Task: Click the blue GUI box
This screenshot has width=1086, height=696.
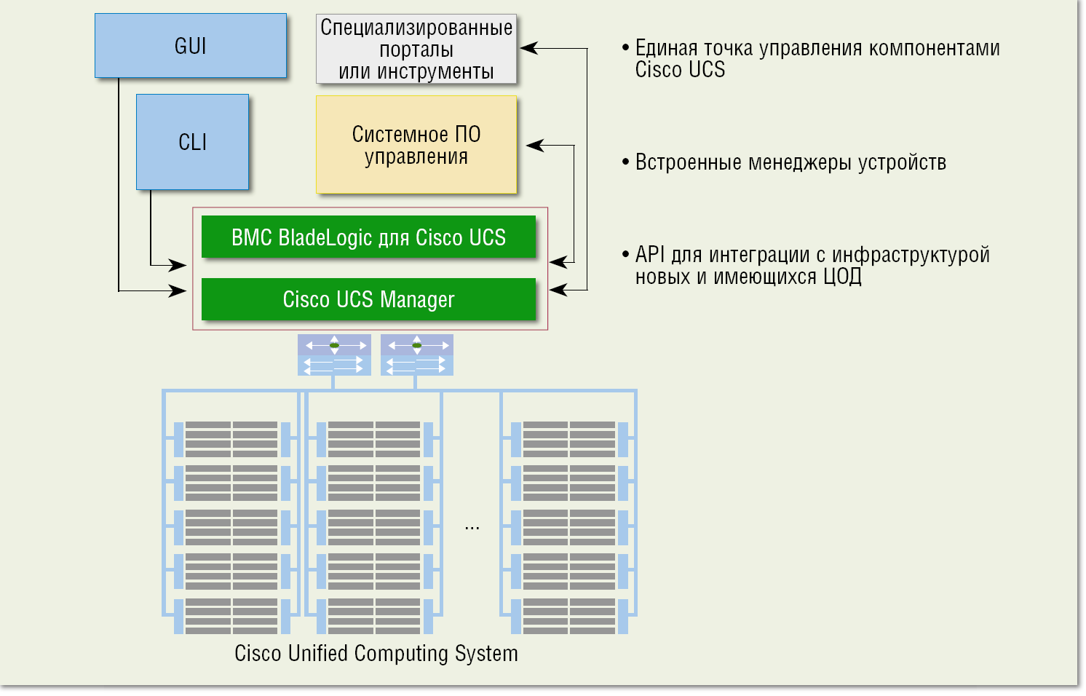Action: click(190, 45)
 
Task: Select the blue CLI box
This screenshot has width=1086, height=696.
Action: click(192, 142)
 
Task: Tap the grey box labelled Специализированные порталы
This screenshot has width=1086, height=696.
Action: click(416, 49)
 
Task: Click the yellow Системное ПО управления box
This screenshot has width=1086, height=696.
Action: click(416, 145)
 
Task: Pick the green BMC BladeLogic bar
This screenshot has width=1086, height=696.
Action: click(368, 237)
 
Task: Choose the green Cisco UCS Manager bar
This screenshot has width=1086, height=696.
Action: click(368, 299)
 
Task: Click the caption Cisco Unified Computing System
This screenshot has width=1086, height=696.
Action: click(376, 653)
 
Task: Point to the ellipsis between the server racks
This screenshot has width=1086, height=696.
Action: click(472, 527)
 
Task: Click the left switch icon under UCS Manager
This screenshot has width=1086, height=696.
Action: click(334, 355)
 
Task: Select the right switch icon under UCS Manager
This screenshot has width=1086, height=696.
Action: click(416, 355)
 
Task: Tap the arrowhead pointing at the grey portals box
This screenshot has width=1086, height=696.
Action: click(528, 49)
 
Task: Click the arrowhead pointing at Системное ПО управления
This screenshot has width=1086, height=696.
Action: click(534, 145)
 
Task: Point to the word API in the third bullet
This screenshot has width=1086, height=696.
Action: click(650, 254)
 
